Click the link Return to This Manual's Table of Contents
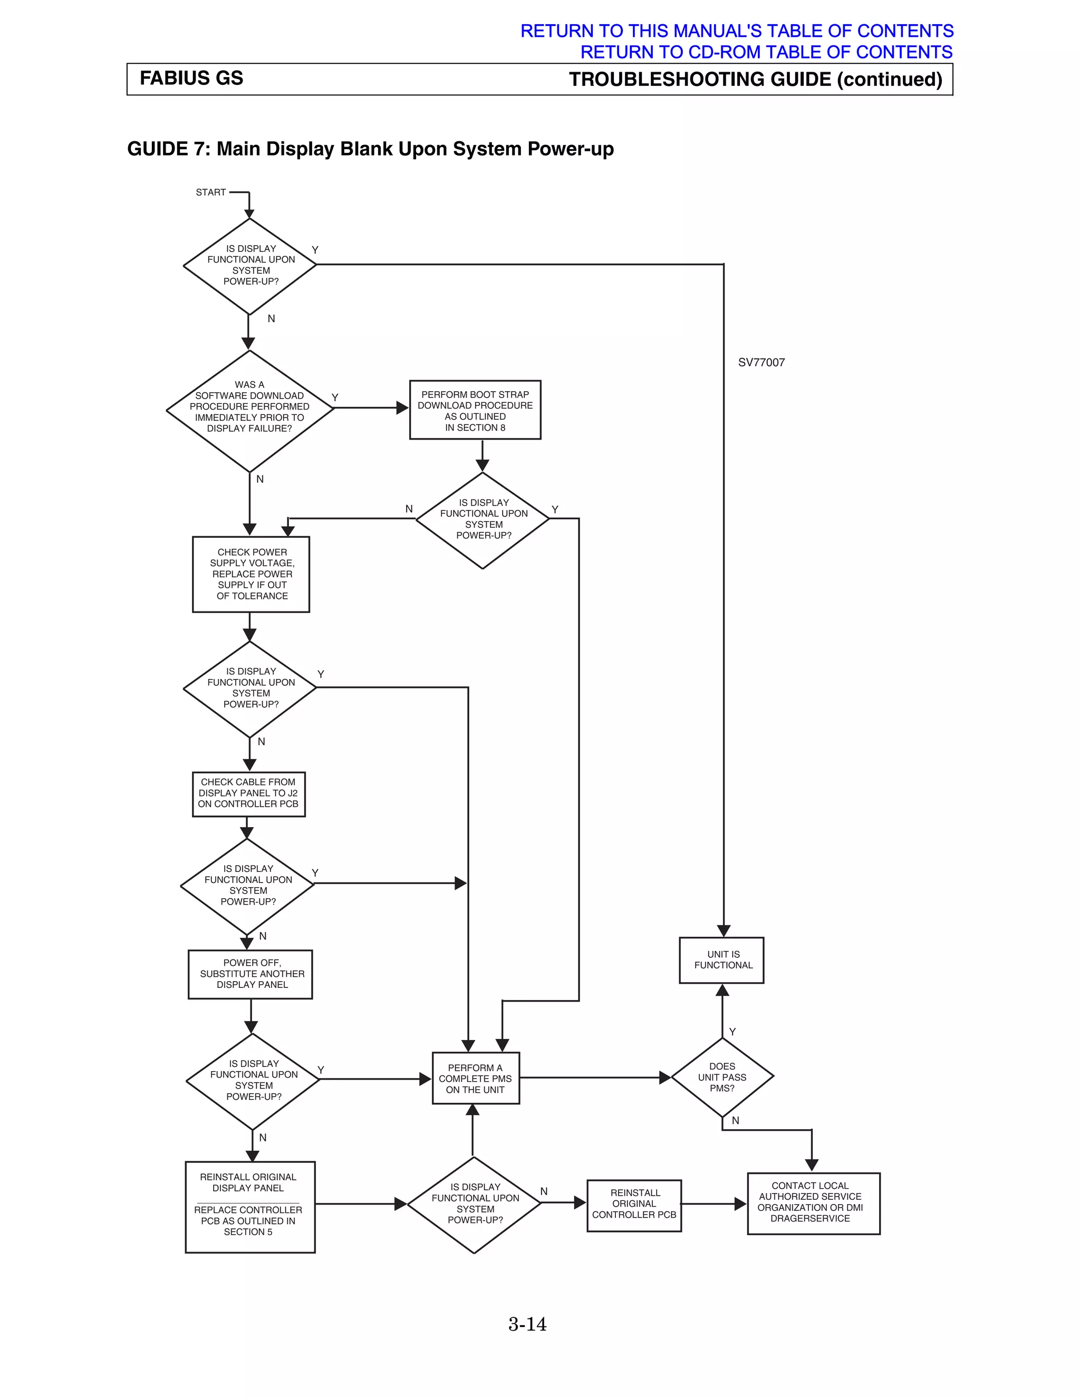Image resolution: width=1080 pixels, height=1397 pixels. tap(736, 31)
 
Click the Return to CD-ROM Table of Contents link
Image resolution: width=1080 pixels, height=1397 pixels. tap(766, 52)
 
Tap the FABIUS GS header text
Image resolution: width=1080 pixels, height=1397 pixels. tap(191, 78)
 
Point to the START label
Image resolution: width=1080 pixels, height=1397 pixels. tap(210, 192)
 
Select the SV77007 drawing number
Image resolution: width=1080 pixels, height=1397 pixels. tap(761, 363)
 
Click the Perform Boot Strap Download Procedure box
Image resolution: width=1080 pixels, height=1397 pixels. tap(475, 410)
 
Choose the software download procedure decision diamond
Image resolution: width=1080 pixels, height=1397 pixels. tap(249, 410)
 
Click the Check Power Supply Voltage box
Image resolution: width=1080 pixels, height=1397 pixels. tap(251, 574)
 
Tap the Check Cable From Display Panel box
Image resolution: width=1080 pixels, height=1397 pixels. tap(248, 793)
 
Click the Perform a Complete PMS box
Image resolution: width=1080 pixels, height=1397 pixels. tap(475, 1079)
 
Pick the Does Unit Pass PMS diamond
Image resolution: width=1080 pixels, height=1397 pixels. tap(722, 1077)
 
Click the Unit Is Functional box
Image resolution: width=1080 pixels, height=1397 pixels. tap(722, 960)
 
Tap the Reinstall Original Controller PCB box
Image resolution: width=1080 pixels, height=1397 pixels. tap(633, 1204)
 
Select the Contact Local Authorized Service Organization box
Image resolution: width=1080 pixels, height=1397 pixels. tap(813, 1202)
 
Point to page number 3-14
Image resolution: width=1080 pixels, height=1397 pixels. tap(527, 1324)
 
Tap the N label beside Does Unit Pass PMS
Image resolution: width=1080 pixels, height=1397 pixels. tap(735, 1121)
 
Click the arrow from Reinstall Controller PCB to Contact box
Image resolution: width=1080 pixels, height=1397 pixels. tap(713, 1204)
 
